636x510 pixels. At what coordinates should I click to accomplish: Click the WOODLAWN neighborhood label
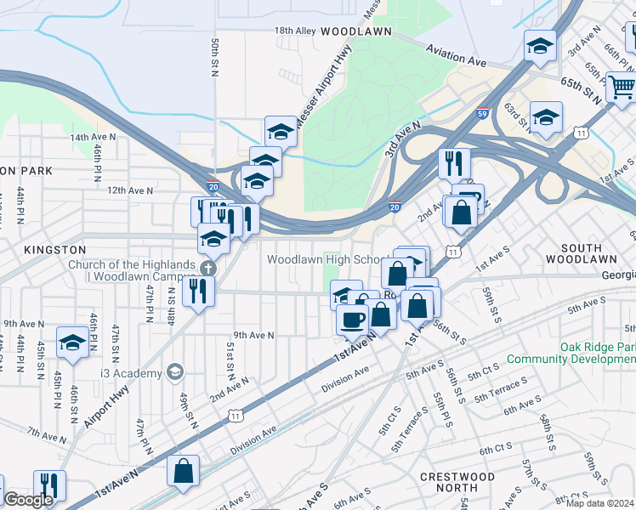click(356, 31)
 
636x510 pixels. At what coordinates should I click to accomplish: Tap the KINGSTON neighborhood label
click(55, 250)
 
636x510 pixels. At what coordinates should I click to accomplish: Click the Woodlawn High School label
click(327, 259)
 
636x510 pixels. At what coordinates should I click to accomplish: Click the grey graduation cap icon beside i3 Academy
click(175, 372)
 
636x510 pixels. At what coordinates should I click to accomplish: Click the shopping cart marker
click(622, 87)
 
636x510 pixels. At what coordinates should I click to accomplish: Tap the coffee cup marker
click(352, 319)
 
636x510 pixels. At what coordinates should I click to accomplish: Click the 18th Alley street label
click(295, 31)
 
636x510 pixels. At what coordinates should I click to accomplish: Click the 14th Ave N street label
click(92, 137)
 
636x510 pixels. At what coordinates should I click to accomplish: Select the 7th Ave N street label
click(46, 436)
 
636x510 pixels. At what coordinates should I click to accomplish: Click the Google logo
click(28, 499)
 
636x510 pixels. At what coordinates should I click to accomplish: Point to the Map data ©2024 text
click(600, 503)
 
